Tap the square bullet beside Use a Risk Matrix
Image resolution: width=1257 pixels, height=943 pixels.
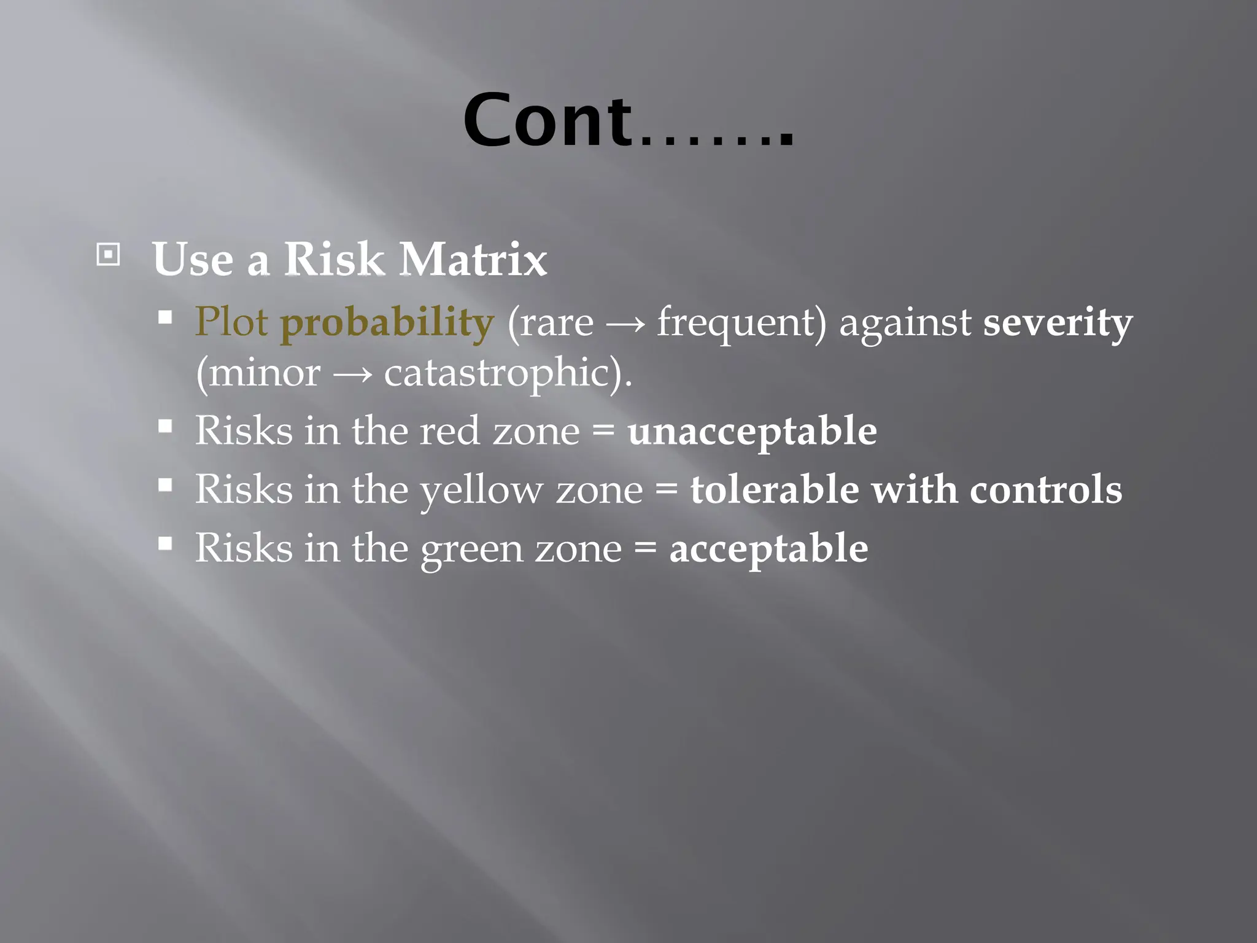tap(108, 254)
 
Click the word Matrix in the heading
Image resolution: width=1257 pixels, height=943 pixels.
tap(473, 259)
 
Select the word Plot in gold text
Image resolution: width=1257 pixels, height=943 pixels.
tap(231, 322)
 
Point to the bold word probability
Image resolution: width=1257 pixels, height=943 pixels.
tap(387, 323)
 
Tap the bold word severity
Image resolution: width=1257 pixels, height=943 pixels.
tap(1058, 323)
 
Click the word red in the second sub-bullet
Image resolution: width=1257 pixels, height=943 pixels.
tap(449, 430)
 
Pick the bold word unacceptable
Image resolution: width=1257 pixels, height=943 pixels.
tap(752, 432)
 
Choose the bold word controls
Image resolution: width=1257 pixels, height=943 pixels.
tap(1046, 489)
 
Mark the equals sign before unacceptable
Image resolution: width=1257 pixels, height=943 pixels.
tap(603, 430)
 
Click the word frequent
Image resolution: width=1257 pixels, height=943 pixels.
tap(741, 323)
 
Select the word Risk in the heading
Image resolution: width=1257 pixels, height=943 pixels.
tap(334, 259)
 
